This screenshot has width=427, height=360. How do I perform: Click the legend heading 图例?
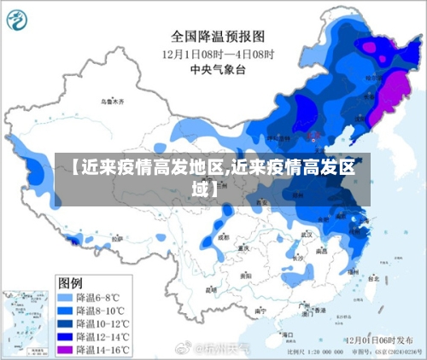71,282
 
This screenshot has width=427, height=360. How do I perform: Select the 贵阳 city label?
246,276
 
